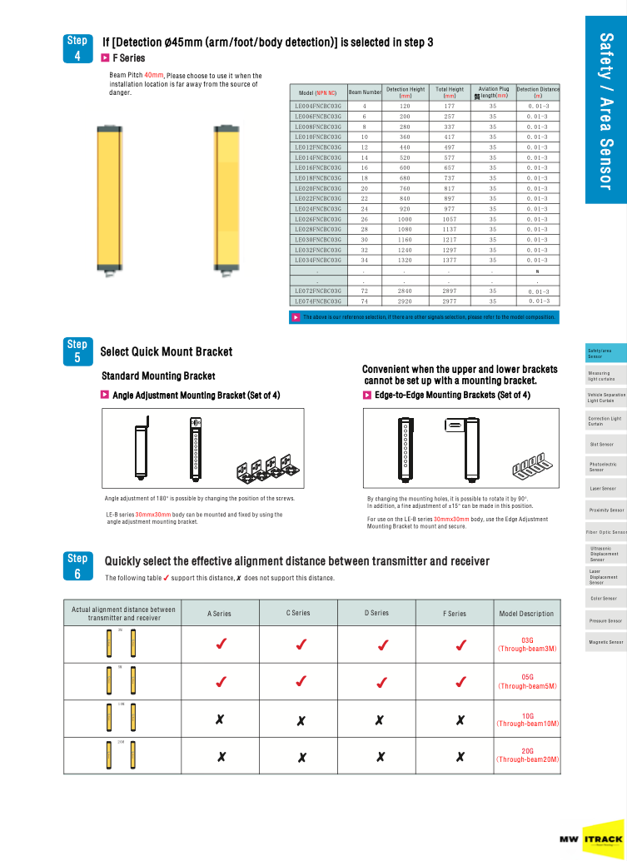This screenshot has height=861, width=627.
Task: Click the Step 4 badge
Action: click(x=77, y=48)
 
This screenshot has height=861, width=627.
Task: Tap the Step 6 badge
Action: click(x=77, y=566)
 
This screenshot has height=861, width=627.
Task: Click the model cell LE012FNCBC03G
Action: click(x=317, y=147)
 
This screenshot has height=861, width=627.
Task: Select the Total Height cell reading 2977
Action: click(x=449, y=301)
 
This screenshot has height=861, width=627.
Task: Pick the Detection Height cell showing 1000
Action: click(x=405, y=219)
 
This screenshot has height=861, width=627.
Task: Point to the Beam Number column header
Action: click(x=365, y=92)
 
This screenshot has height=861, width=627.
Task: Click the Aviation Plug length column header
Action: click(x=492, y=92)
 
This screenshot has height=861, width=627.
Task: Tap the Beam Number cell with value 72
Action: click(x=364, y=291)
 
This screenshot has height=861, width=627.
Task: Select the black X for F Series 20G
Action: click(x=460, y=757)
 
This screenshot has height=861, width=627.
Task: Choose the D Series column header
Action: click(x=376, y=613)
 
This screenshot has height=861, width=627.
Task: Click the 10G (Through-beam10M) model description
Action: click(x=527, y=719)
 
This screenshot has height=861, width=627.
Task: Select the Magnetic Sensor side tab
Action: click(x=605, y=642)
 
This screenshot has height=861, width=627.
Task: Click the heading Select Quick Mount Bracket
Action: click(x=167, y=352)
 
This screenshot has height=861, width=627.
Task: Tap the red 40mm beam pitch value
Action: click(x=154, y=76)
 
